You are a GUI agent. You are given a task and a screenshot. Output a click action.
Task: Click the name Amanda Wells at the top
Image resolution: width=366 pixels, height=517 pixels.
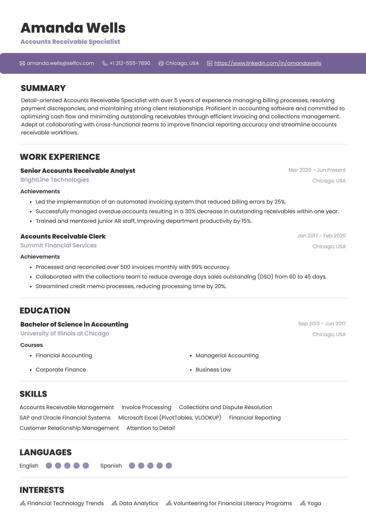pyautogui.click(x=73, y=28)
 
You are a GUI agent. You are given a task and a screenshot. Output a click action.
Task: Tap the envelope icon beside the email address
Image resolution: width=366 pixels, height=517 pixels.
pyautogui.click(x=22, y=63)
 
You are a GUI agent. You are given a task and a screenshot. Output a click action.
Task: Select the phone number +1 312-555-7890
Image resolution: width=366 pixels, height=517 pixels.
pyautogui.click(x=130, y=63)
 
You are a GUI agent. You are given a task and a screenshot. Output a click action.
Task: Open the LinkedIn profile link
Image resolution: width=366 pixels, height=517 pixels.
pyautogui.click(x=268, y=63)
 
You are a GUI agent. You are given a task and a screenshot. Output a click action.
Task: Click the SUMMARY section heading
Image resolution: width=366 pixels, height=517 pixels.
pyautogui.click(x=43, y=88)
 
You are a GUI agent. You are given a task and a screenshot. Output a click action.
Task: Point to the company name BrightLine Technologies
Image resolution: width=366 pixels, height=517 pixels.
pyautogui.click(x=54, y=180)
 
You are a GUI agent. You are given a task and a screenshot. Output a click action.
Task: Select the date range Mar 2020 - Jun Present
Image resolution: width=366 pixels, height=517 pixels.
pyautogui.click(x=317, y=170)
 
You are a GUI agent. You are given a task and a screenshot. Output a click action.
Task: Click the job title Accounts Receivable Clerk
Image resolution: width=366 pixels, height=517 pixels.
pyautogui.click(x=63, y=236)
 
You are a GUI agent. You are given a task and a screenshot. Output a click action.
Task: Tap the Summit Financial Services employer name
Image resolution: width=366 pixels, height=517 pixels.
pyautogui.click(x=58, y=245)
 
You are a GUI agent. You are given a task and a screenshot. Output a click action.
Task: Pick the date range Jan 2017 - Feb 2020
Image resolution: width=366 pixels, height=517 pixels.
pyautogui.click(x=321, y=236)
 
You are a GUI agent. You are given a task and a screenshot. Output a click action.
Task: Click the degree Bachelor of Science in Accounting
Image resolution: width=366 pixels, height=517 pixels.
pyautogui.click(x=74, y=324)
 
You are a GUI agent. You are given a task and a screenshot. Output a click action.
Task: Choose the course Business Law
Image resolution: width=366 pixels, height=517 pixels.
pyautogui.click(x=213, y=370)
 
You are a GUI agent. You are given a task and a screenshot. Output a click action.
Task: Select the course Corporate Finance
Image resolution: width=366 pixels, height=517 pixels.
pyautogui.click(x=61, y=370)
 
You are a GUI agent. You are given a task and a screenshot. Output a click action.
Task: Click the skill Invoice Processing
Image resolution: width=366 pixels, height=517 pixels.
pyautogui.click(x=146, y=407)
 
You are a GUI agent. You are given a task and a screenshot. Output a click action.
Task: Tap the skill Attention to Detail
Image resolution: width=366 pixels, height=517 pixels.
pyautogui.click(x=150, y=428)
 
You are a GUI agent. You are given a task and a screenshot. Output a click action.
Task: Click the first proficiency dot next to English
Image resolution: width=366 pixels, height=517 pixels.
pyautogui.click(x=49, y=465)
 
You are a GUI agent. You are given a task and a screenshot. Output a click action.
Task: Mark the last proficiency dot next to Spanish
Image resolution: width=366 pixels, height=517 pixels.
pyautogui.click(x=169, y=465)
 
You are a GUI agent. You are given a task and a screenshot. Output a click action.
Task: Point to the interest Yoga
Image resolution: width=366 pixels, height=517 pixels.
pyautogui.click(x=314, y=503)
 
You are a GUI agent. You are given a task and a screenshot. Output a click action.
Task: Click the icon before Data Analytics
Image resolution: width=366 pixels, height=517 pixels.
pyautogui.click(x=114, y=503)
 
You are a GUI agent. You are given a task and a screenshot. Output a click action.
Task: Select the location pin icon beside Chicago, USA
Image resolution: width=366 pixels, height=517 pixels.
pyautogui.click(x=161, y=63)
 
